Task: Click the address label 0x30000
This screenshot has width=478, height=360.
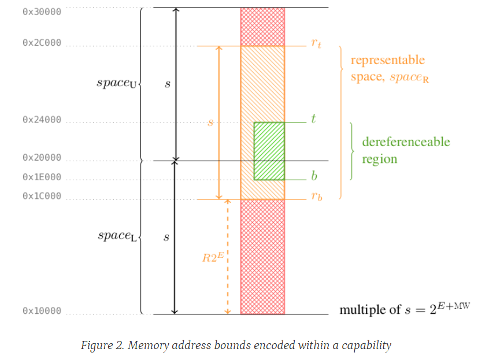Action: pyautogui.click(x=42, y=11)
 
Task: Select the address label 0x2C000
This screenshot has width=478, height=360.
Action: pyautogui.click(x=42, y=43)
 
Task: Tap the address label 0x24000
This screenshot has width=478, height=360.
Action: pyautogui.click(x=42, y=120)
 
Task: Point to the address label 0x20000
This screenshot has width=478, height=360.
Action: pyautogui.click(x=42, y=157)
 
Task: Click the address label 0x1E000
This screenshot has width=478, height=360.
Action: pyautogui.click(x=42, y=177)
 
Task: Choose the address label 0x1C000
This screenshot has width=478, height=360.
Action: pyautogui.click(x=42, y=196)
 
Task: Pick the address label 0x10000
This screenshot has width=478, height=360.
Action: pyautogui.click(x=42, y=311)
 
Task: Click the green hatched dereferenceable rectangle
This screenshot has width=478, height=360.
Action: pyautogui.click(x=269, y=151)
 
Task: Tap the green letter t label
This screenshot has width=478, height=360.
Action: pyautogui.click(x=313, y=120)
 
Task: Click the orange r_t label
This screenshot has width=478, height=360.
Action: pyautogui.click(x=316, y=43)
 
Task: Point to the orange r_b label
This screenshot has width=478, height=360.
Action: pyautogui.click(x=316, y=196)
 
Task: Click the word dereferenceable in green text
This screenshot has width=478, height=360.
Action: pyautogui.click(x=406, y=142)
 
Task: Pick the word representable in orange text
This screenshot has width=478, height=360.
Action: pyautogui.click(x=387, y=60)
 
